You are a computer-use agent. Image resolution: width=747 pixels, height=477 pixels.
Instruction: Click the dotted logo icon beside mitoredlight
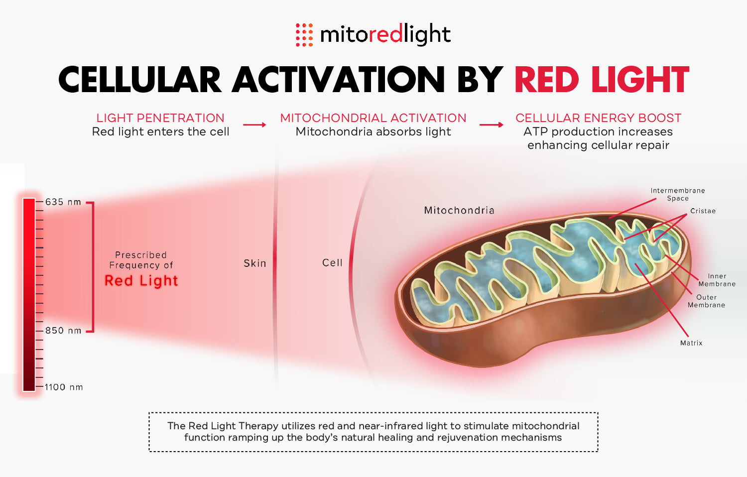point(304,35)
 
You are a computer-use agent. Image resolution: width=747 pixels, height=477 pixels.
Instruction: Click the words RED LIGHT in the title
point(602,80)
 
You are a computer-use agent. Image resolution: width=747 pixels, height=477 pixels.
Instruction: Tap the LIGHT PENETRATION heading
point(160,118)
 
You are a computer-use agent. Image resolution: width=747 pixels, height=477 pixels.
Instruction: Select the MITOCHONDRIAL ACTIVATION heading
point(373,118)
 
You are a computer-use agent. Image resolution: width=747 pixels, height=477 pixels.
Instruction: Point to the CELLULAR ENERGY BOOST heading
point(598,118)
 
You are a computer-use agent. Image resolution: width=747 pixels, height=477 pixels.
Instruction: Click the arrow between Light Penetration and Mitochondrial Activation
point(254,124)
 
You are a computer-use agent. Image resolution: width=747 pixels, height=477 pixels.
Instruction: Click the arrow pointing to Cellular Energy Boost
point(491,124)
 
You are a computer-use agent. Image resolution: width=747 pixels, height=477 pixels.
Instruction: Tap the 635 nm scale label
point(63,202)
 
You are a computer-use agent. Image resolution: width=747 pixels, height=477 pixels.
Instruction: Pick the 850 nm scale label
point(63,331)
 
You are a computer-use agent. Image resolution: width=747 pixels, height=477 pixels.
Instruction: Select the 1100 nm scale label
point(63,387)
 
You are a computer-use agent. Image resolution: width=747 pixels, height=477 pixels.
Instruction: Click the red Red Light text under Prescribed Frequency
point(141,281)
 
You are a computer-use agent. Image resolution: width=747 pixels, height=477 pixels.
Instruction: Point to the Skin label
point(255,263)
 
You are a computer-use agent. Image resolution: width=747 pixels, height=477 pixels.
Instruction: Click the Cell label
point(332,263)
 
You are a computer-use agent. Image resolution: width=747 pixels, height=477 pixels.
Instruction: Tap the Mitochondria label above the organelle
point(459,210)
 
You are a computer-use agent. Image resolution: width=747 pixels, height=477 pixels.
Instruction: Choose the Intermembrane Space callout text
point(678,194)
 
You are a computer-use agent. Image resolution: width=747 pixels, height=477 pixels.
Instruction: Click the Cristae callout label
point(703,211)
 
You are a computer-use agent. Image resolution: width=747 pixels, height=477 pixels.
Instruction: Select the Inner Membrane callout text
point(717,280)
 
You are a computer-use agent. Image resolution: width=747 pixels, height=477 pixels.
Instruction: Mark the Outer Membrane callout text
point(706,301)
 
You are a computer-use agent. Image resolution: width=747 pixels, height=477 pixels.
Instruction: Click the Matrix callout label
point(691,343)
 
